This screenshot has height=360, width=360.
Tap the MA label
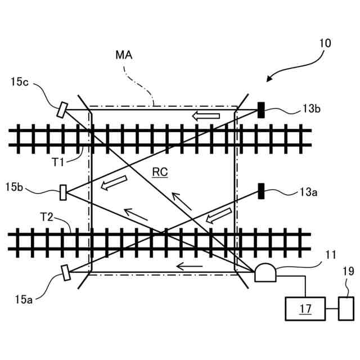click(125, 56)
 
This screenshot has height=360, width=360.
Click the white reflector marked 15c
click(62, 109)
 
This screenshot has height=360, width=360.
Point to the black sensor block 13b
click(261, 110)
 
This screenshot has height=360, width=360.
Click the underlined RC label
click(160, 173)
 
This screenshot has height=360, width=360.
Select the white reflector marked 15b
click(63, 192)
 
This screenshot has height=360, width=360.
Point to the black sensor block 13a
click(261, 191)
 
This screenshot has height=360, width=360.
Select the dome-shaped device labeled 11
click(264, 273)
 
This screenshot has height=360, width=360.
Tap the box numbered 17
click(305, 308)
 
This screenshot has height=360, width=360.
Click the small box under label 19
click(345, 308)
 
